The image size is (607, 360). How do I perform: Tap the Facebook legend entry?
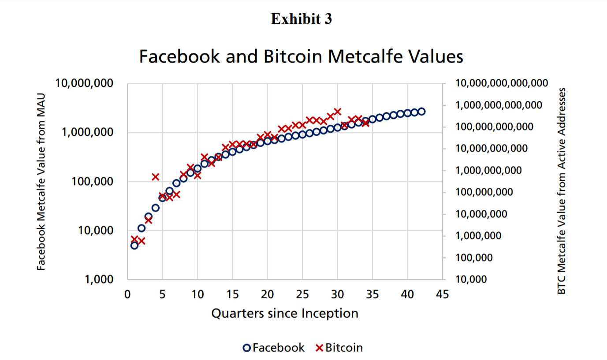(x=273, y=348)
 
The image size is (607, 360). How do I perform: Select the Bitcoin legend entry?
(x=339, y=348)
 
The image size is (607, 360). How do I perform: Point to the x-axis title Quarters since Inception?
(x=284, y=313)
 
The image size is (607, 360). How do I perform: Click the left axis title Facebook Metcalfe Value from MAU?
(x=41, y=182)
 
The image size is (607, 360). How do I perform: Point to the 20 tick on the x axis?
(x=267, y=294)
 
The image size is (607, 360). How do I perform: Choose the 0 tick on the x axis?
(x=127, y=294)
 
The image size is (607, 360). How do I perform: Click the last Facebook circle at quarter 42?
(x=421, y=111)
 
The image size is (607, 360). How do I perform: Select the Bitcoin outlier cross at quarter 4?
(x=156, y=177)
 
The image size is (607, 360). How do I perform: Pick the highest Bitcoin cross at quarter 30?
(x=338, y=111)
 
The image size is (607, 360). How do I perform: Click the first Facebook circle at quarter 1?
(x=134, y=245)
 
